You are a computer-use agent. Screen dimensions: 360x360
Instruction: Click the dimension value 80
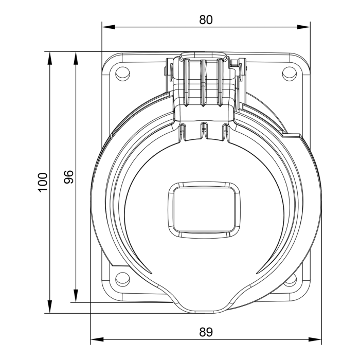(x=206, y=20)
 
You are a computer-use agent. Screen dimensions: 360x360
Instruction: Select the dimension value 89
(x=206, y=332)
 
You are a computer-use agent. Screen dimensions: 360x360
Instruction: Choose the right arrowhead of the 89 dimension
(x=317, y=339)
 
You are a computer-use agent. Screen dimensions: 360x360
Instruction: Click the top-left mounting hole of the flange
(x=122, y=74)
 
